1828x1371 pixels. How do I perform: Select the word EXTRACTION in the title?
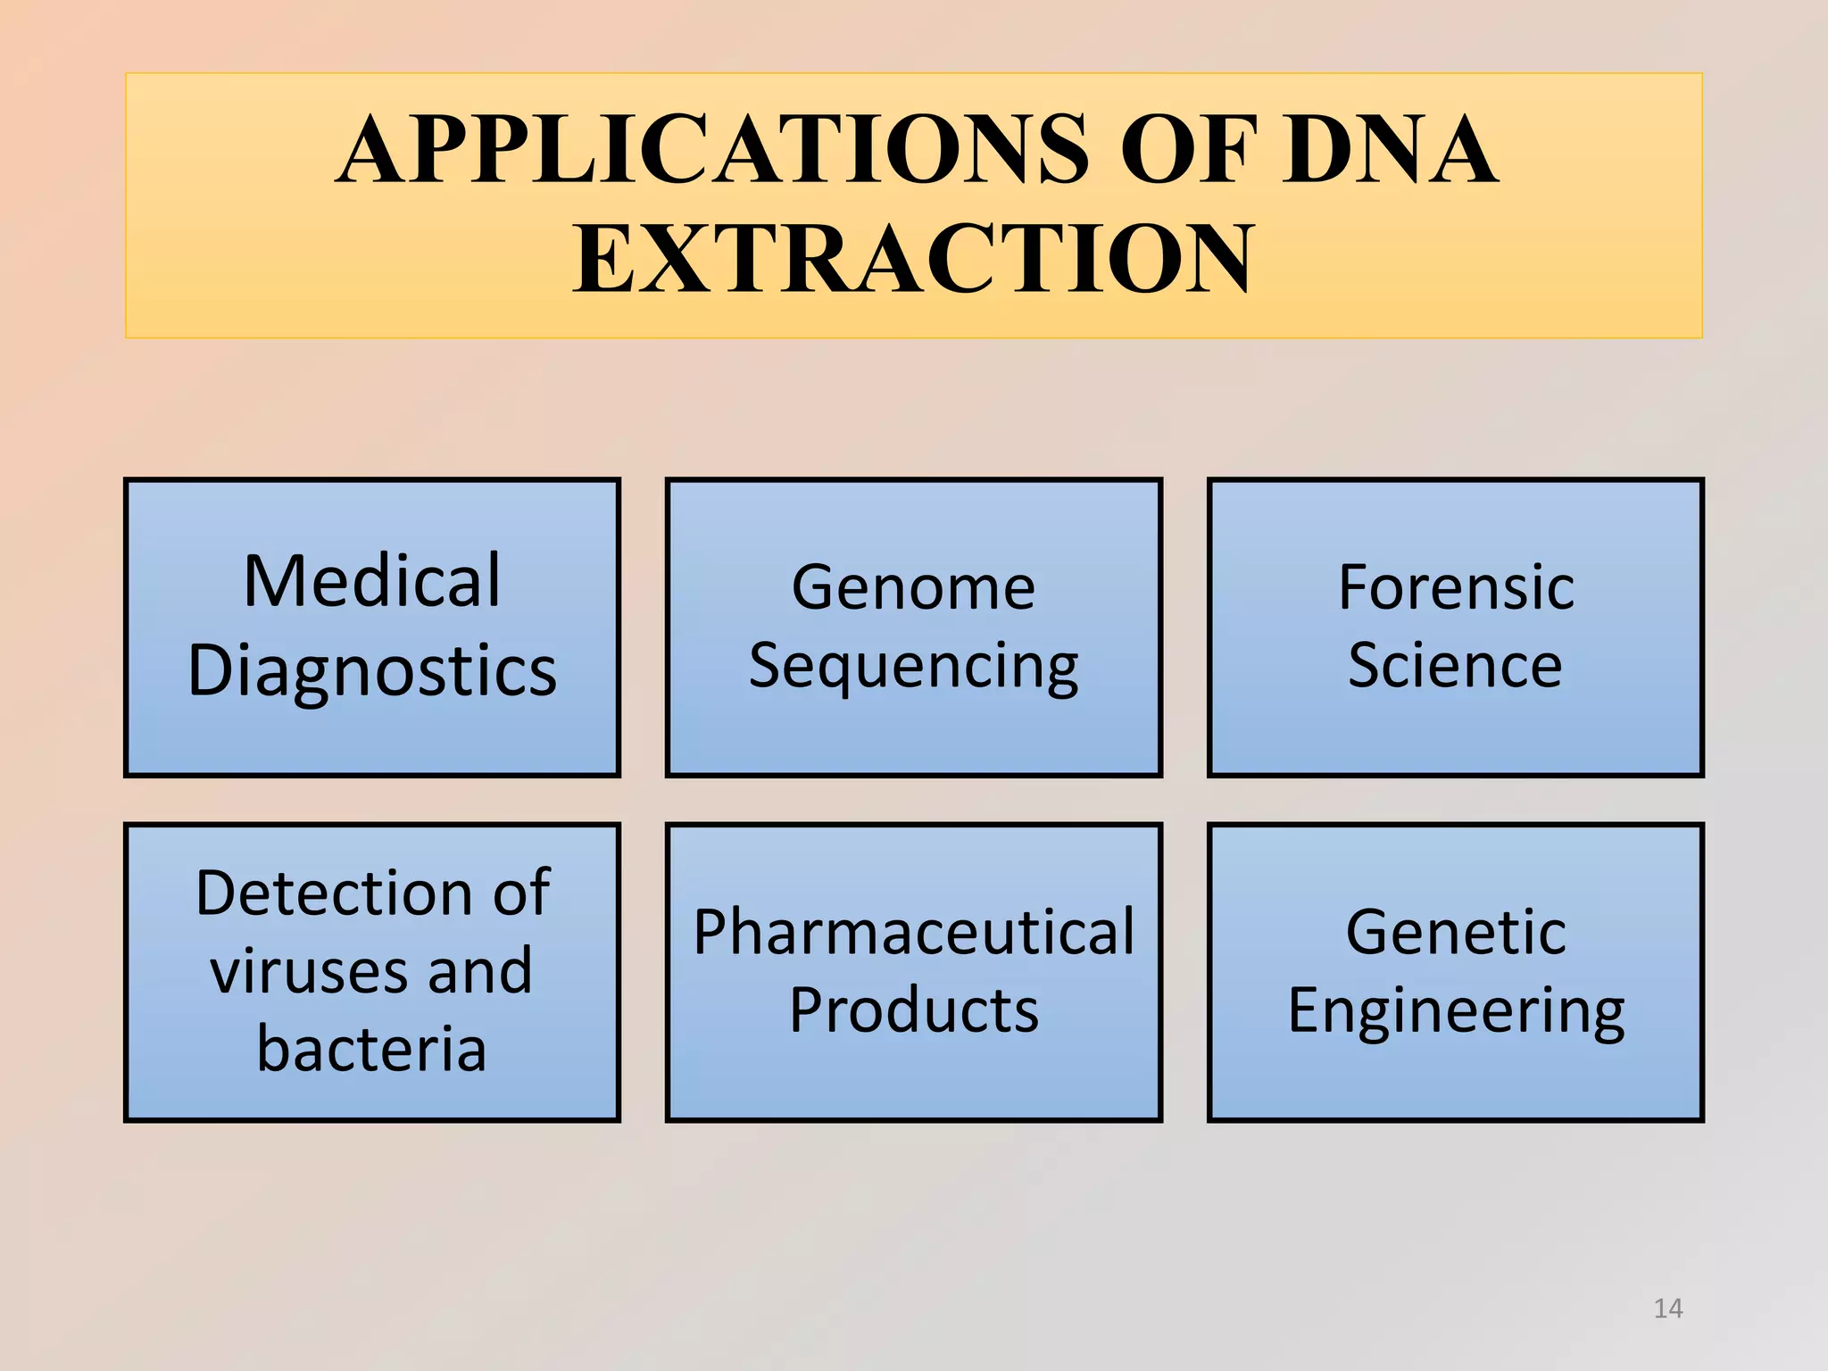tap(914, 259)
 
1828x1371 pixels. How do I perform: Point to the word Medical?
tap(372, 581)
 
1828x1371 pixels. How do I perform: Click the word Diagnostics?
tap(372, 671)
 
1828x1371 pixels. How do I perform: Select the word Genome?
tap(913, 588)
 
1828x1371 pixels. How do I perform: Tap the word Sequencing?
tap(913, 668)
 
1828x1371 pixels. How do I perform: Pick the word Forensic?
tap(1456, 588)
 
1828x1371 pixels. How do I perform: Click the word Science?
tap(1455, 666)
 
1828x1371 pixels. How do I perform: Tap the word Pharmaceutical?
tap(914, 933)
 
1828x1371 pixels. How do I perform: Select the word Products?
tap(914, 1011)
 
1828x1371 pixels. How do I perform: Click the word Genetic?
tap(1456, 933)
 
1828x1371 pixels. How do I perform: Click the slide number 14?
tap(1667, 1309)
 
